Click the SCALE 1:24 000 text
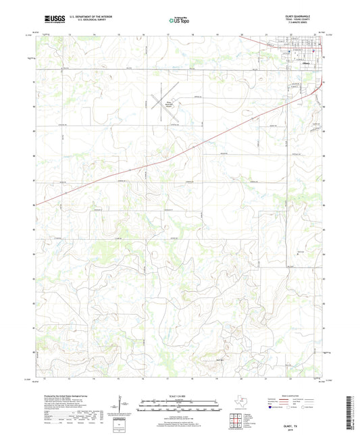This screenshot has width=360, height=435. click(179, 395)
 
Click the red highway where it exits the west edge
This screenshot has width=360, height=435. click(36, 204)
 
